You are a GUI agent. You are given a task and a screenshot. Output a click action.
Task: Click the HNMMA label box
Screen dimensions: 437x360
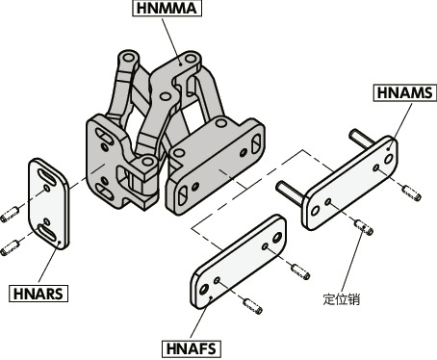(167, 9)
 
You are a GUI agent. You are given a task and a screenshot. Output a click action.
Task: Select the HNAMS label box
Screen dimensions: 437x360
(405, 93)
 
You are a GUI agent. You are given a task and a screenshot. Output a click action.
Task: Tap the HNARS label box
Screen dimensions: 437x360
(39, 294)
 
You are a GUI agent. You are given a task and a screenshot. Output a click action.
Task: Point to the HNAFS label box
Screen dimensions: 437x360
(192, 348)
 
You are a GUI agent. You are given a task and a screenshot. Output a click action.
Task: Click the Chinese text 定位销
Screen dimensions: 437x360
(341, 299)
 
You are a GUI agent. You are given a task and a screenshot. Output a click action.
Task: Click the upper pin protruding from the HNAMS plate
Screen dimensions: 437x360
(361, 139)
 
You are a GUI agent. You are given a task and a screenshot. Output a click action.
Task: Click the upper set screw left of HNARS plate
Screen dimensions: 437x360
(10, 215)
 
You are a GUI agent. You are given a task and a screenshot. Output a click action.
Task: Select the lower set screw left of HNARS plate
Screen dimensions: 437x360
(10, 248)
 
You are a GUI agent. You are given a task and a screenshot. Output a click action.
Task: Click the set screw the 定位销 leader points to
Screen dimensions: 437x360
(364, 226)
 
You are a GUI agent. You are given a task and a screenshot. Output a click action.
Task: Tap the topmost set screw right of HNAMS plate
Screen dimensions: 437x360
(412, 193)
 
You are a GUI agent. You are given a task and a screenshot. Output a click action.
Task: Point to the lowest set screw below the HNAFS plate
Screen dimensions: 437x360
(253, 306)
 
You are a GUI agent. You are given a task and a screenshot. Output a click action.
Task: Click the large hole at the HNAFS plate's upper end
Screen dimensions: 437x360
(277, 238)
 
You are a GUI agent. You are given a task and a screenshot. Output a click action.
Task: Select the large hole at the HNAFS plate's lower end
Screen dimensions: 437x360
(204, 290)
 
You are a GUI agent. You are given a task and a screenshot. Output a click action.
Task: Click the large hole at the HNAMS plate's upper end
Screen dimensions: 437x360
(389, 159)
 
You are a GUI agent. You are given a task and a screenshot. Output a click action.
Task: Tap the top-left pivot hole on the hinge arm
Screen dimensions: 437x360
(129, 58)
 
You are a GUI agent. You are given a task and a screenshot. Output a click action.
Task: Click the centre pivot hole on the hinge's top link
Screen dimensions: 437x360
(166, 96)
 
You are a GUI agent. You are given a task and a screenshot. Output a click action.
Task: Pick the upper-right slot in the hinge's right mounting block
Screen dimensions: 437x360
(256, 143)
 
